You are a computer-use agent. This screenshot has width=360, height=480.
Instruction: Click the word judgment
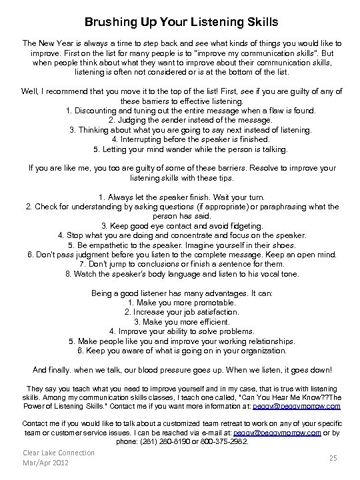(93, 254)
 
